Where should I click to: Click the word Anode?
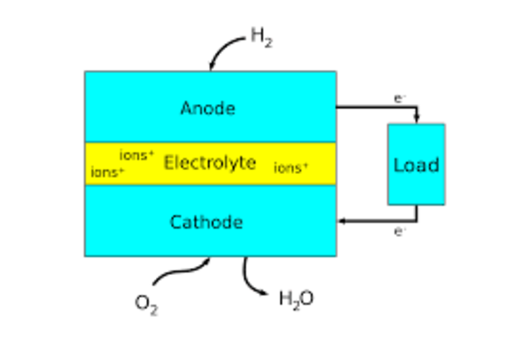pos(208,107)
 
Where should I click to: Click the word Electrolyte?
pos(210,163)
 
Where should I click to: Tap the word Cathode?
pos(206,222)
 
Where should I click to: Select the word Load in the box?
pos(416,165)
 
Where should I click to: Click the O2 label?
pos(146,304)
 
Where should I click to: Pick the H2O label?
pos(296,299)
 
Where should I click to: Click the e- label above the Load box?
pos(399,99)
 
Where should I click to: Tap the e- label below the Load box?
pos(400,231)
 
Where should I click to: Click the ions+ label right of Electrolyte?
pos(291,168)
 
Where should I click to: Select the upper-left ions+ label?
pos(137,155)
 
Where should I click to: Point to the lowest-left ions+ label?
pos(107,172)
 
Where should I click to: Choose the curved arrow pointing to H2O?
pos(253,279)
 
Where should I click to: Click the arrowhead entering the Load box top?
pos(417,119)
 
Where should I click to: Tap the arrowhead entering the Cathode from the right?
pos(341,221)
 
